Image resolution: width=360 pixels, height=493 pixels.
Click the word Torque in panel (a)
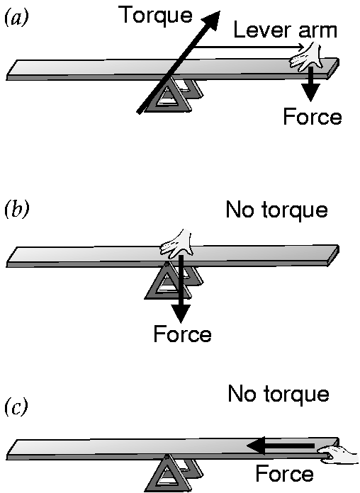click(157, 16)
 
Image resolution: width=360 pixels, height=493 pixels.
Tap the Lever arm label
click(285, 30)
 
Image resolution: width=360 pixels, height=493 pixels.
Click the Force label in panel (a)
click(313, 117)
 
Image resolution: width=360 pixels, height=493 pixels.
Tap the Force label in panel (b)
click(183, 334)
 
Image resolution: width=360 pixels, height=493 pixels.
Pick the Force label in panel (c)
click(284, 473)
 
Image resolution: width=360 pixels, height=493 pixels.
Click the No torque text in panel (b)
click(277, 210)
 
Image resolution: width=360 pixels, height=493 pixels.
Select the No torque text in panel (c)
click(279, 394)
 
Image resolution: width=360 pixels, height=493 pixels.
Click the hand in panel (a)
click(306, 57)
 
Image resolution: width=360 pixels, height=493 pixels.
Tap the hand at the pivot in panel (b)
click(176, 244)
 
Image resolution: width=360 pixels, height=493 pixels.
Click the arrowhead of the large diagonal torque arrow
click(211, 21)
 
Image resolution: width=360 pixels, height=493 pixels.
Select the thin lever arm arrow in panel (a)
click(249, 47)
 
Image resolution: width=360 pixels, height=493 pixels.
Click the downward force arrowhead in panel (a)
click(310, 92)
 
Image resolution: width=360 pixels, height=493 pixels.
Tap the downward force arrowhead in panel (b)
click(180, 313)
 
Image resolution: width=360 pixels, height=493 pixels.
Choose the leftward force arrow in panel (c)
click(280, 446)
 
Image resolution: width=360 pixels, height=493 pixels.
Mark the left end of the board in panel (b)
click(7, 263)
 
